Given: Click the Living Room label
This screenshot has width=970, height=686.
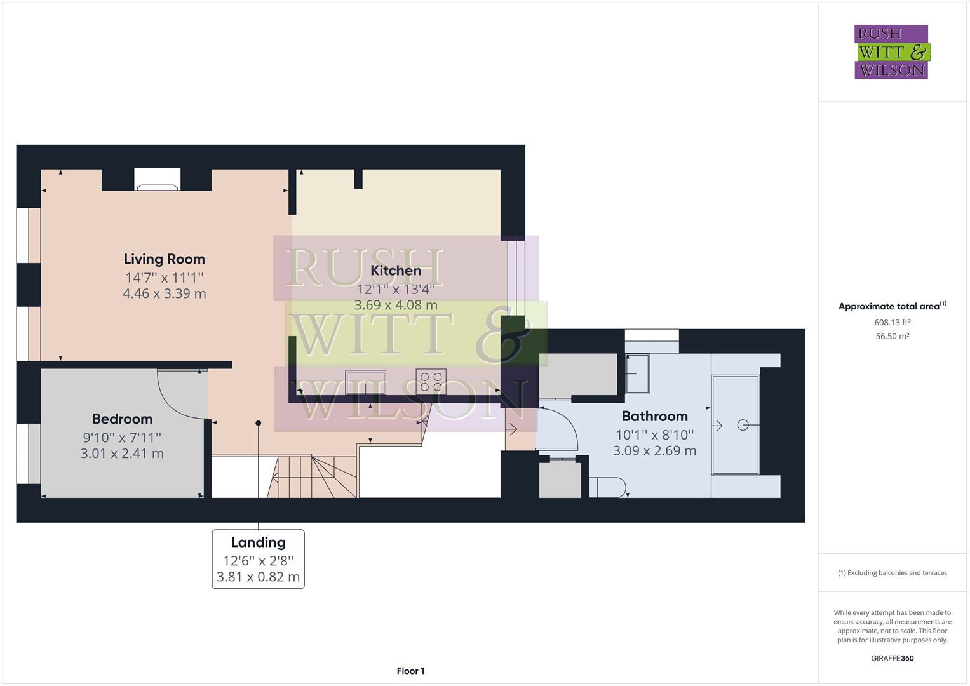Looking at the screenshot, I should tap(164, 259).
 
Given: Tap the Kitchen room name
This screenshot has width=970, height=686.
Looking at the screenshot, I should tap(395, 271).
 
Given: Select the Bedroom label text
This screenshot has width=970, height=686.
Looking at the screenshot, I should tap(122, 419).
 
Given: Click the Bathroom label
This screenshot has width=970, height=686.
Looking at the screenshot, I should tap(654, 417).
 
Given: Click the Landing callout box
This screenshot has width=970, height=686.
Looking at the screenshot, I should tap(258, 559).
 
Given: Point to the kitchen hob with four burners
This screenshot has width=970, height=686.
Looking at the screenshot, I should tap(431, 381).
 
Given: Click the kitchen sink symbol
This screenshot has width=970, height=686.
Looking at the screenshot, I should tap(365, 382).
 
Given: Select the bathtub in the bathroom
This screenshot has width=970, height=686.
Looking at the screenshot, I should tap(736, 425).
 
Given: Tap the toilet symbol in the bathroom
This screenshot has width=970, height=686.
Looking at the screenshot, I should tap(608, 487).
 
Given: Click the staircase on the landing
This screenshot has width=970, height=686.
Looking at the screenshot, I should tap(311, 476).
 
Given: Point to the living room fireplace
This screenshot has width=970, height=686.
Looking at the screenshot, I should tap(158, 179).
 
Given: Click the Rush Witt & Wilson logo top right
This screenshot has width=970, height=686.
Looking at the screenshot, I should tap(891, 52).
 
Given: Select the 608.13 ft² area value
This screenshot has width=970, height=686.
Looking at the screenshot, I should tap(892, 322).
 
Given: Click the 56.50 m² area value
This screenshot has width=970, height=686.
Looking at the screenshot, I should tap(892, 336).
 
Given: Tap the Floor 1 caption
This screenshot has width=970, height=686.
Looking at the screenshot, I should tap(410, 671).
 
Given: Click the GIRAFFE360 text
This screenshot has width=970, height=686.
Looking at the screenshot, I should tap(892, 658).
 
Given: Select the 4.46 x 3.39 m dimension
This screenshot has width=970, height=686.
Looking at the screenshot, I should tap(164, 293).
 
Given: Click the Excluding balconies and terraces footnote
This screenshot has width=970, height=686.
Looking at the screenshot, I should tap(892, 573).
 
